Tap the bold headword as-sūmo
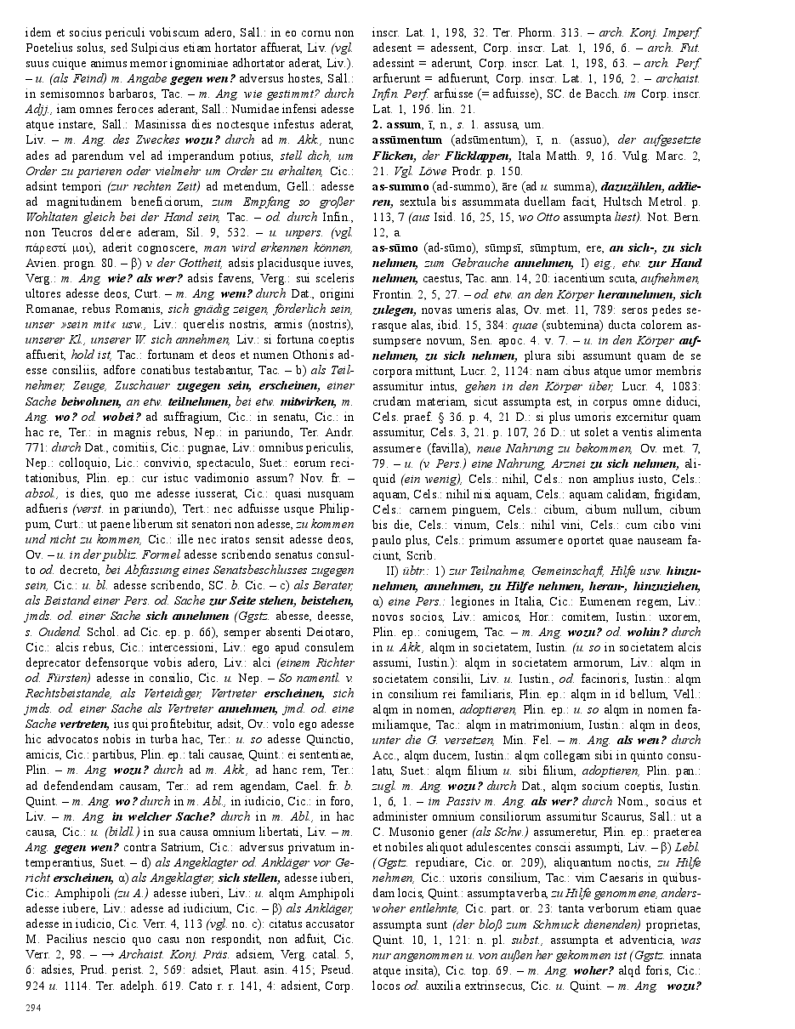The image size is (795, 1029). pos(395,247)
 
